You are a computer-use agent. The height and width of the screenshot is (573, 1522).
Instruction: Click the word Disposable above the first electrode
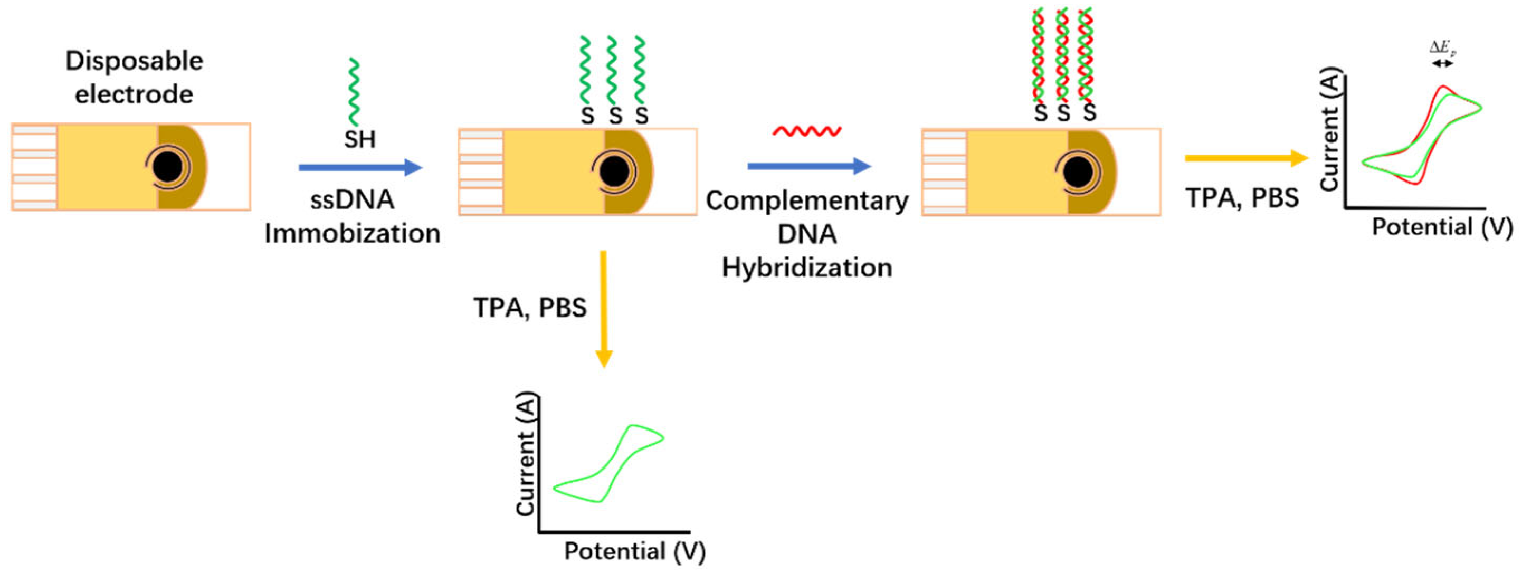click(x=134, y=61)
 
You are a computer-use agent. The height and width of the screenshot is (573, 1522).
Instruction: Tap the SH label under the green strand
click(x=360, y=140)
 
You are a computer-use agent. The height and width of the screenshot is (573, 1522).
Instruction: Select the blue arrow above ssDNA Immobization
click(x=360, y=168)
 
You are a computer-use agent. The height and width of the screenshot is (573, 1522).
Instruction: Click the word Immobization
click(x=352, y=234)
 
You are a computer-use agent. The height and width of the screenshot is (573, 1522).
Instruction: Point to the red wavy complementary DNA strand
click(x=807, y=131)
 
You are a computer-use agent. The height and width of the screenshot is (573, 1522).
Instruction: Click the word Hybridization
click(x=806, y=268)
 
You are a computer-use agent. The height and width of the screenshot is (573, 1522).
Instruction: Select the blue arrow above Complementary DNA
click(x=809, y=167)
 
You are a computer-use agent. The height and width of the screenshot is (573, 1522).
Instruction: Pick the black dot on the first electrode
click(x=168, y=167)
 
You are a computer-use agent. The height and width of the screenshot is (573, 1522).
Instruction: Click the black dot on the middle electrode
click(x=614, y=172)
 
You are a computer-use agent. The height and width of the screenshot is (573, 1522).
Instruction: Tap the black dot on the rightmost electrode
click(x=1078, y=172)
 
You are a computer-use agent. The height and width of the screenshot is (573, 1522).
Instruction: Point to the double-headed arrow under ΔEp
click(x=1442, y=63)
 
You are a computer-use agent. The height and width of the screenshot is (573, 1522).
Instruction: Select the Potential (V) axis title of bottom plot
click(x=634, y=551)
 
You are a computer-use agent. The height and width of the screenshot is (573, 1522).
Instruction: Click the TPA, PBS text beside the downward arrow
click(x=530, y=308)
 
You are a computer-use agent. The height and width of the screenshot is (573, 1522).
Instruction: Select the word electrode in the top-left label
click(x=134, y=94)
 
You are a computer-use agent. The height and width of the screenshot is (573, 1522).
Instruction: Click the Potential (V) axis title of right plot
click(x=1441, y=227)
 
